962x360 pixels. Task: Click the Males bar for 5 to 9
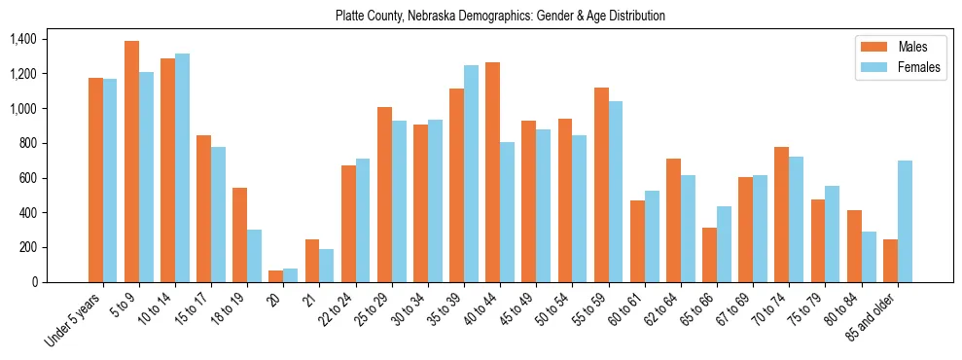[131, 162]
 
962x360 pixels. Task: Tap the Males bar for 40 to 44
[492, 172]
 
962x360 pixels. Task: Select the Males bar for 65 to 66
[709, 255]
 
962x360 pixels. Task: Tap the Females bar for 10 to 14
[182, 167]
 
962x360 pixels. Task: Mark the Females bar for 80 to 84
[869, 257]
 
